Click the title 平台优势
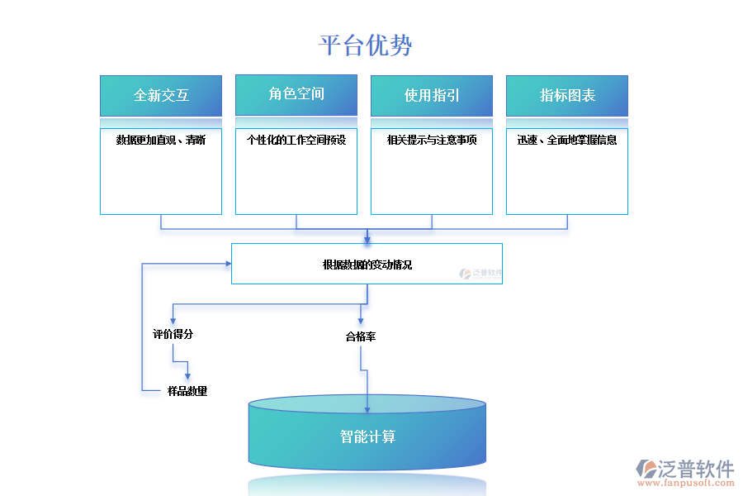(x=366, y=45)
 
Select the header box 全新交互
(x=161, y=96)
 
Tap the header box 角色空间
(x=296, y=94)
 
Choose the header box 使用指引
(x=432, y=96)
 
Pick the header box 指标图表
(x=567, y=96)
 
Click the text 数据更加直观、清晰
(x=161, y=141)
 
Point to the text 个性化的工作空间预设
(x=296, y=141)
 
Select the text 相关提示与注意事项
(x=432, y=141)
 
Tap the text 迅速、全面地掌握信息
(x=567, y=141)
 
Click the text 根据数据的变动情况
(x=367, y=265)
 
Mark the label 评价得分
(x=173, y=335)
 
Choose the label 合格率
(x=361, y=337)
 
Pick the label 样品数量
(x=187, y=391)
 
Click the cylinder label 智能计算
(x=367, y=436)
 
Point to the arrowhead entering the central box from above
(x=367, y=239)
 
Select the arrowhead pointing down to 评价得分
(x=173, y=320)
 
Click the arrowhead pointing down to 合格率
(x=361, y=320)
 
